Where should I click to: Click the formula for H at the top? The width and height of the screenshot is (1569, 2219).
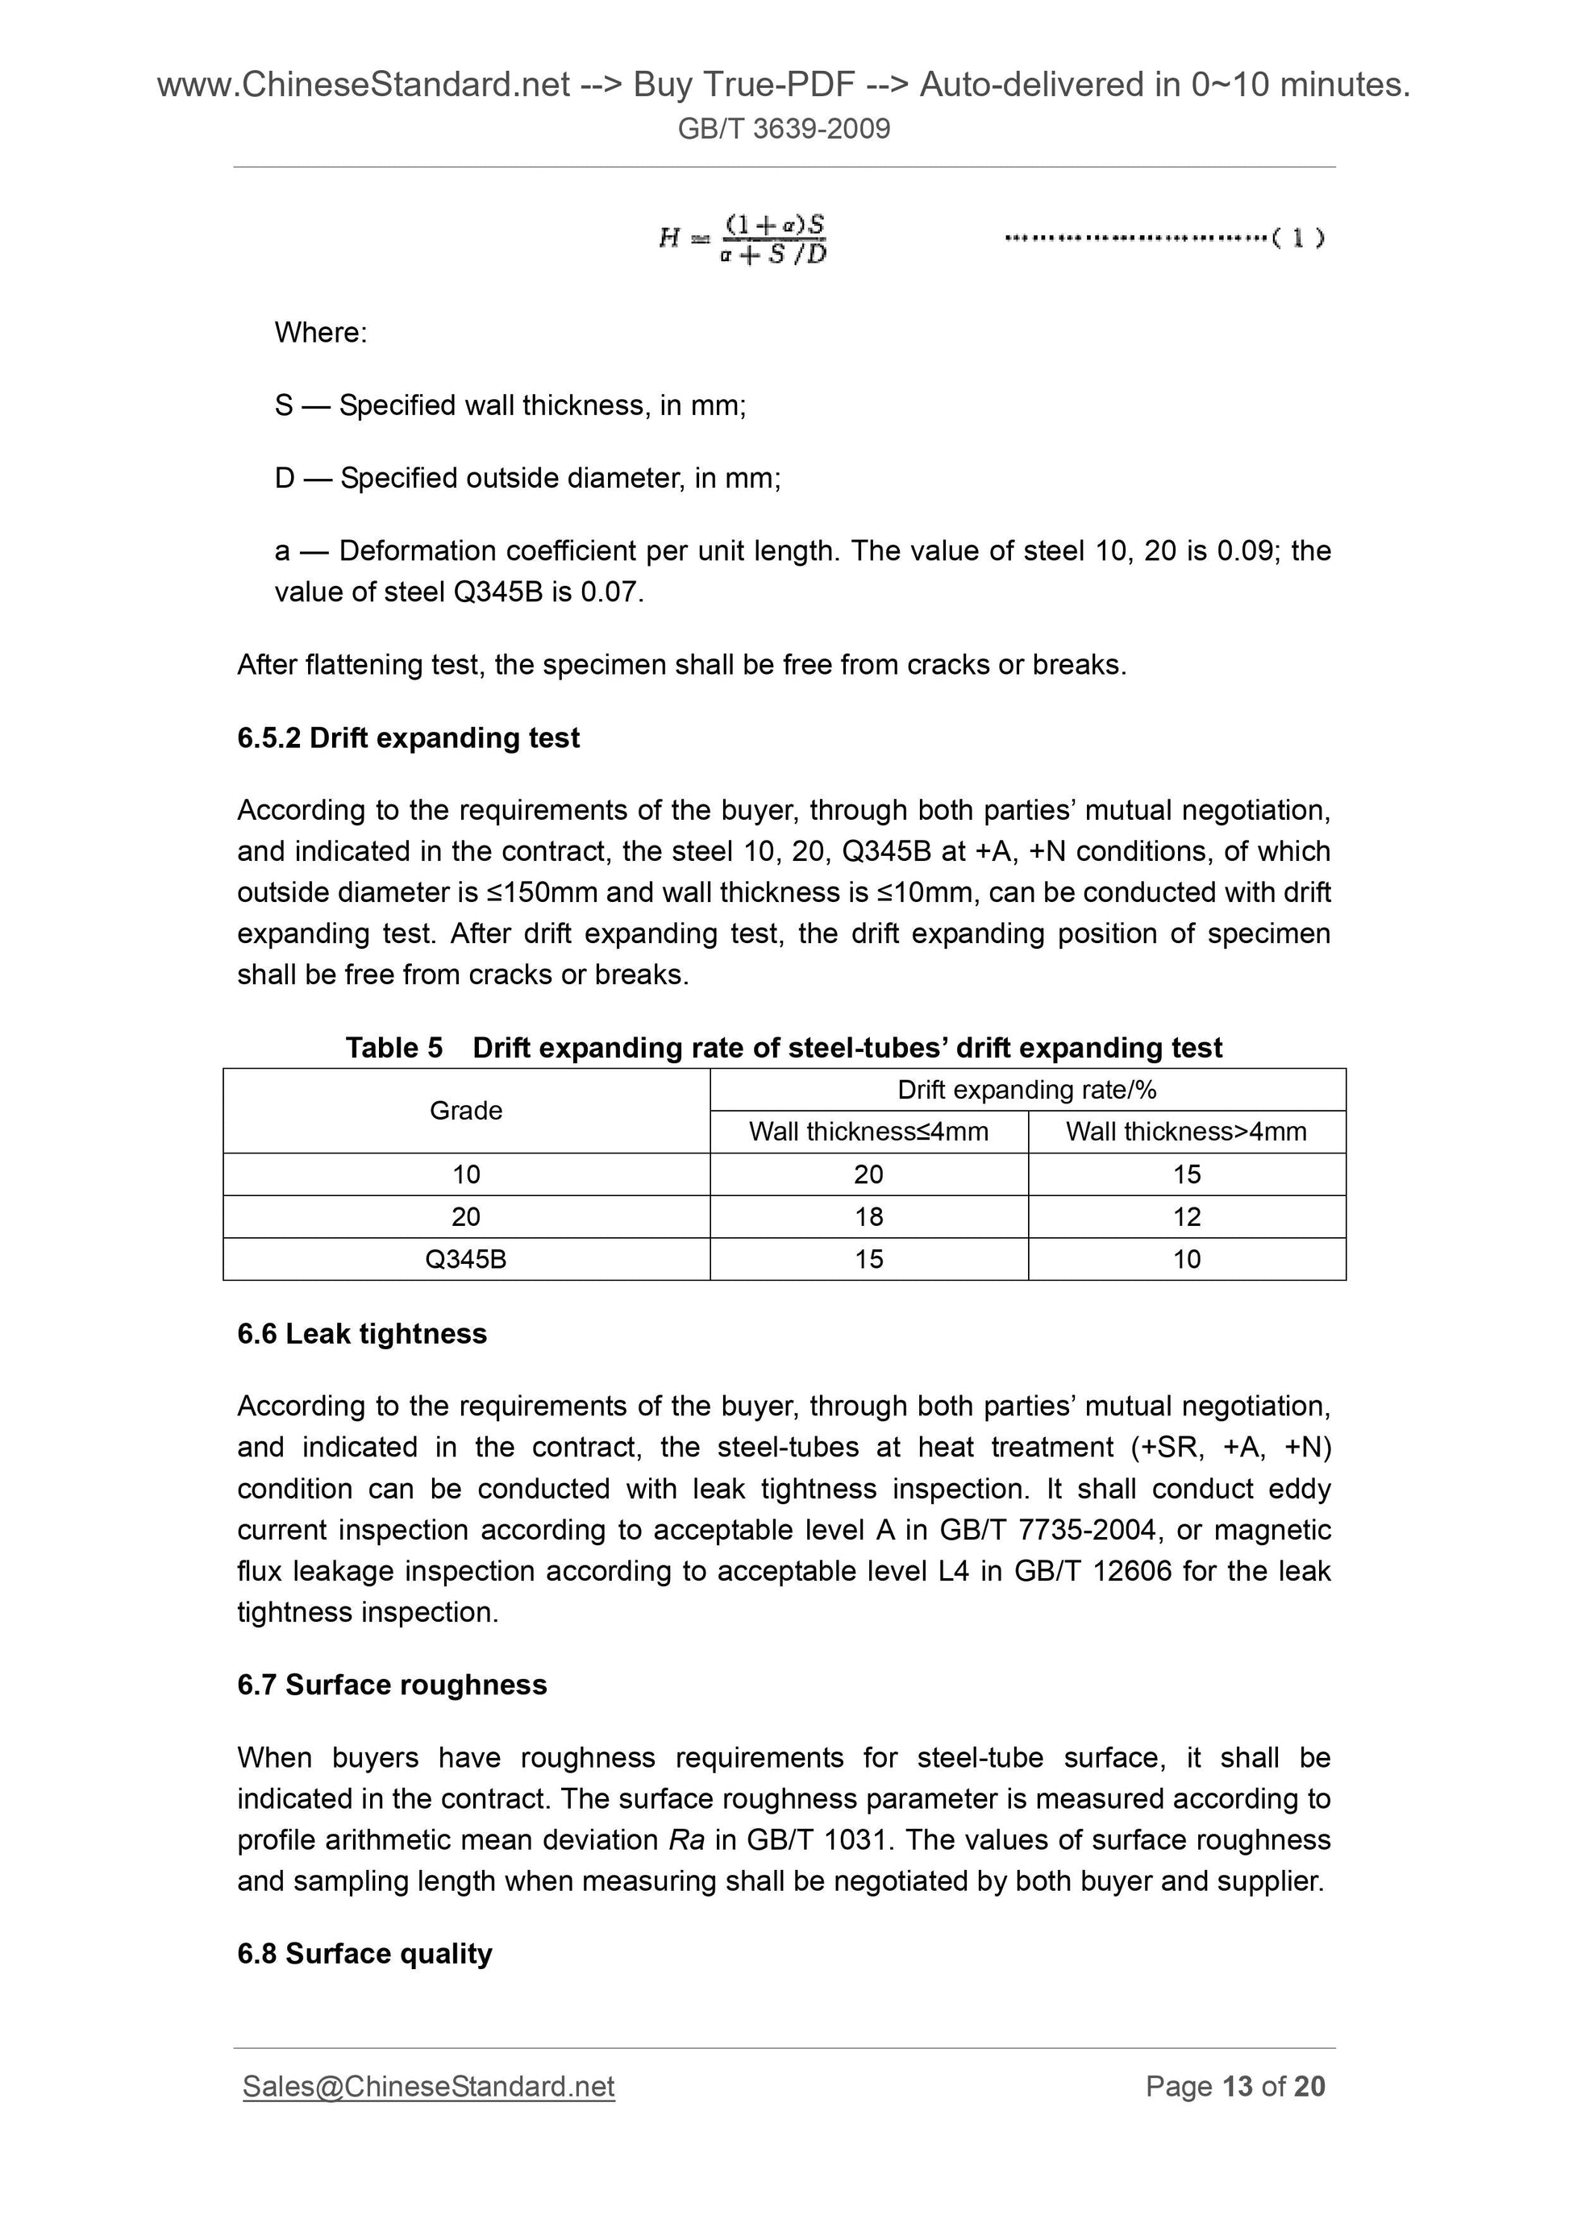pos(743,239)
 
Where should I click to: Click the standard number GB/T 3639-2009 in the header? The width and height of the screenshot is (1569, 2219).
pos(783,128)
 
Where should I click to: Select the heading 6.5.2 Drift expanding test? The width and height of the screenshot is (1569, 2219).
pos(408,738)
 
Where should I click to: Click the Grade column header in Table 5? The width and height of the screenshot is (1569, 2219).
pos(465,1111)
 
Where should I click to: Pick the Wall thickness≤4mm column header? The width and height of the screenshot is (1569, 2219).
pos(868,1132)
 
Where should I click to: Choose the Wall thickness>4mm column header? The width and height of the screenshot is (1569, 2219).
pos(1186,1132)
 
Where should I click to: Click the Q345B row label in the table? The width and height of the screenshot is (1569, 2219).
pos(465,1259)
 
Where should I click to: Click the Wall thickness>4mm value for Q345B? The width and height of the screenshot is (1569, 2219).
pos(1186,1259)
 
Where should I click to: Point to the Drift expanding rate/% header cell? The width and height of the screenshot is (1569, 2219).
pos(1026,1091)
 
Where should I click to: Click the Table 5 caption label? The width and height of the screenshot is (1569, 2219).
pos(394,1048)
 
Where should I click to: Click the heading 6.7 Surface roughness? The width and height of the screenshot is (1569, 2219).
pos(392,1685)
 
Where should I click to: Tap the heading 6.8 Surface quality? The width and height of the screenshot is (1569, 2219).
pos(364,1953)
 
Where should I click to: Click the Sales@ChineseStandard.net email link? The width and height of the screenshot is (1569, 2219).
pos(428,2087)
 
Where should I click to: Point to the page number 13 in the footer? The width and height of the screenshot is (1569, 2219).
pos(1238,2087)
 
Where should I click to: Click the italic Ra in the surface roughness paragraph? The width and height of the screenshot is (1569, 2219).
pos(686,1839)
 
